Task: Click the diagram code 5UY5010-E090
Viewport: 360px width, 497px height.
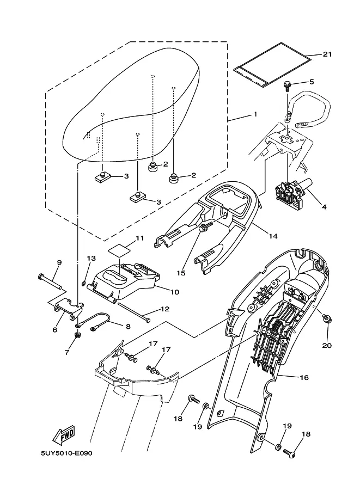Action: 66,453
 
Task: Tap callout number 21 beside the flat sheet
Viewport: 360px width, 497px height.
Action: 327,54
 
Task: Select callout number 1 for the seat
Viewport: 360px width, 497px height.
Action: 255,114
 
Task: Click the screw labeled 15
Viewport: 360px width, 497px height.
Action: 203,227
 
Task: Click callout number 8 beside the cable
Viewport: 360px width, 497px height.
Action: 128,326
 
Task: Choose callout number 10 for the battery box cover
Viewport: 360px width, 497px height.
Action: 175,292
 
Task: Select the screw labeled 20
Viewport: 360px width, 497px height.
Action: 327,318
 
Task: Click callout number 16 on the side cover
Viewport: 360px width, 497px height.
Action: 304,377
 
